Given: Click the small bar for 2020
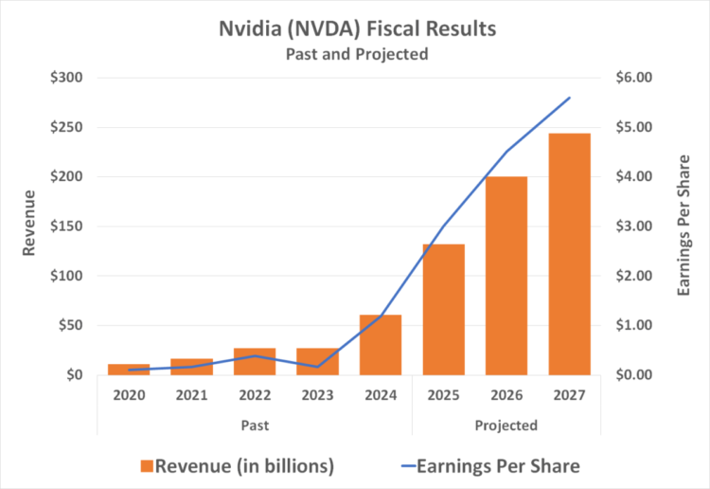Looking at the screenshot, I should point(129,370).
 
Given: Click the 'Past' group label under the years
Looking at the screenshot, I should point(254,426).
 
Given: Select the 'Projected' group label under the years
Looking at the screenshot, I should point(506,426).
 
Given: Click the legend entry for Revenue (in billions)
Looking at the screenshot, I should point(237,465).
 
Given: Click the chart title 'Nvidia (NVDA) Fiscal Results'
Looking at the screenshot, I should point(357,29).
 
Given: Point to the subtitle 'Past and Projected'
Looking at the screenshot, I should point(357,54).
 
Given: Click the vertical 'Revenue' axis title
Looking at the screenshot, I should point(28,223).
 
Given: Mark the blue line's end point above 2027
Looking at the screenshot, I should point(569,98).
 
